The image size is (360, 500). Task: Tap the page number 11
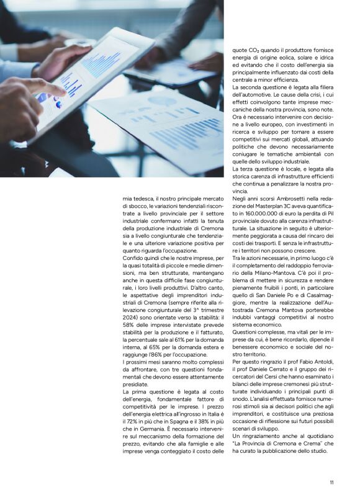332,482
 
